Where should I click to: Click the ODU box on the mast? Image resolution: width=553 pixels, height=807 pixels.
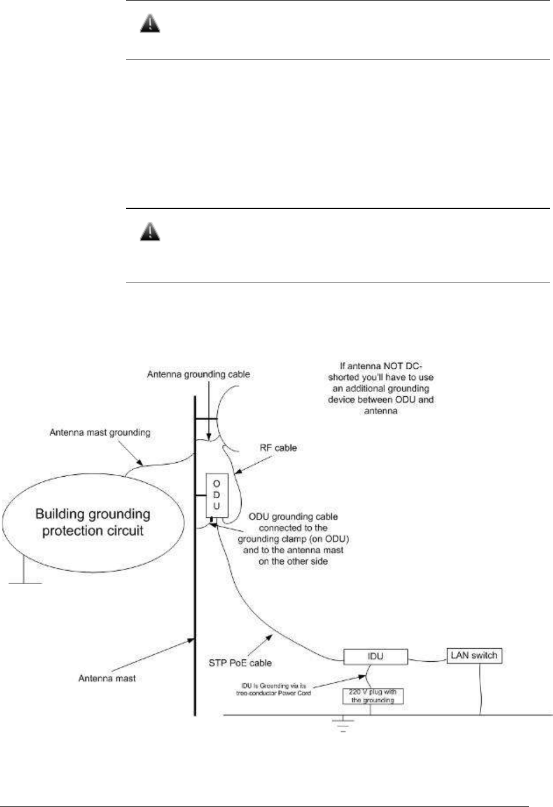(216, 496)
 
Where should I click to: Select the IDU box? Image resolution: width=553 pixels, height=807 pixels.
(375, 656)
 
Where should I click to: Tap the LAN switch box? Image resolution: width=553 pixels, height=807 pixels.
(474, 655)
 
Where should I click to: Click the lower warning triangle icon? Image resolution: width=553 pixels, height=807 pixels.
(151, 233)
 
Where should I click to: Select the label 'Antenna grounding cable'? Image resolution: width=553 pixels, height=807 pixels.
(199, 374)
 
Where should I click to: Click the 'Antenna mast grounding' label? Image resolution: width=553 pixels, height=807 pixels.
(100, 432)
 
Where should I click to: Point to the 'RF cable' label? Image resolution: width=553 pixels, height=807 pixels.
(277, 448)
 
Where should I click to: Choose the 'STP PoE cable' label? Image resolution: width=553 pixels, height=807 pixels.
(241, 662)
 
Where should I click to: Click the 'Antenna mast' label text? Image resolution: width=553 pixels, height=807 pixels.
(107, 678)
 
